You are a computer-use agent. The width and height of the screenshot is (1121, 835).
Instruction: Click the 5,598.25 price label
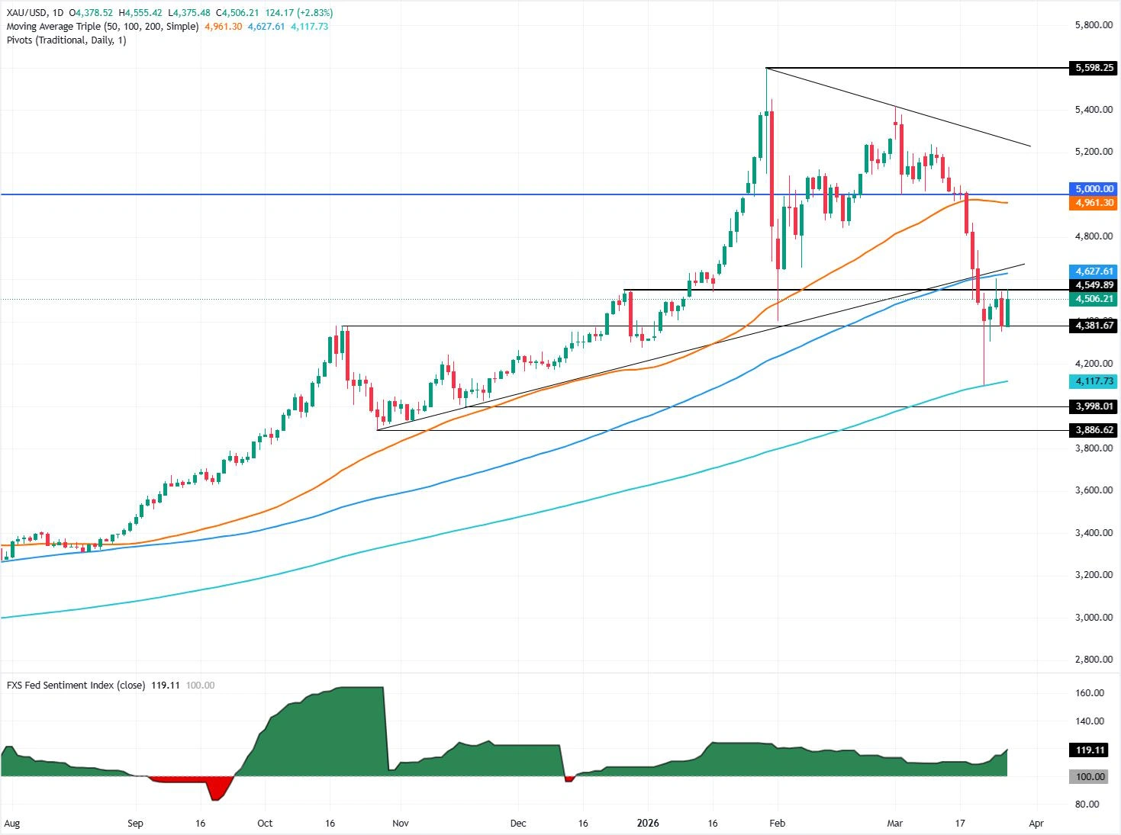click(x=1094, y=68)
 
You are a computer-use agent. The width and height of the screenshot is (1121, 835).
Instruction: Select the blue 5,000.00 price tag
click(x=1094, y=188)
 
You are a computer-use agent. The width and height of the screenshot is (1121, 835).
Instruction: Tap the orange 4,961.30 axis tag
click(x=1094, y=203)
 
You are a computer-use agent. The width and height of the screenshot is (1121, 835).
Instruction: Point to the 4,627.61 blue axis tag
click(x=1094, y=271)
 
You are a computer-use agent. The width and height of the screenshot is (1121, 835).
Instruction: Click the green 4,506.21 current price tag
click(x=1094, y=299)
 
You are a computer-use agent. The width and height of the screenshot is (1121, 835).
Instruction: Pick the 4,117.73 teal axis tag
click(x=1094, y=381)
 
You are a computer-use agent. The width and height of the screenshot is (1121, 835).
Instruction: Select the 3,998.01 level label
click(x=1094, y=406)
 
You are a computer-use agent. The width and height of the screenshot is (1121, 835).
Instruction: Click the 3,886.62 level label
click(x=1094, y=430)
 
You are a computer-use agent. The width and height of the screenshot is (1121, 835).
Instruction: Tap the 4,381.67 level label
click(x=1094, y=326)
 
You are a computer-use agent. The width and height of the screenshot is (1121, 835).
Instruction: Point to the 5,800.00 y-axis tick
click(x=1094, y=25)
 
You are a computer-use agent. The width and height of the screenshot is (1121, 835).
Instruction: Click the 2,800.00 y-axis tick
click(x=1094, y=660)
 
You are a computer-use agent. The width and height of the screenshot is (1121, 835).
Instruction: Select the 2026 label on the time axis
click(x=647, y=824)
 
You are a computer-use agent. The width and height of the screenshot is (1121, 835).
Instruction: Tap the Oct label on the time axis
click(x=265, y=824)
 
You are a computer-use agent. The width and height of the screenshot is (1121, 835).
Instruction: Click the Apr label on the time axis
click(x=1036, y=824)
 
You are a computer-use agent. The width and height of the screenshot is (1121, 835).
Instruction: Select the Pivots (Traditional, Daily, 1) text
click(x=66, y=40)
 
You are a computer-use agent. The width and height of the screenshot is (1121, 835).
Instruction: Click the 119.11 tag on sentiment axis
click(x=1090, y=750)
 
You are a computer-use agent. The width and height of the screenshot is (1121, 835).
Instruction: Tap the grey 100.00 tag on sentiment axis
click(x=1090, y=777)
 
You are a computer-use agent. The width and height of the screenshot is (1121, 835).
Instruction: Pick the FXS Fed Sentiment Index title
click(x=76, y=685)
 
